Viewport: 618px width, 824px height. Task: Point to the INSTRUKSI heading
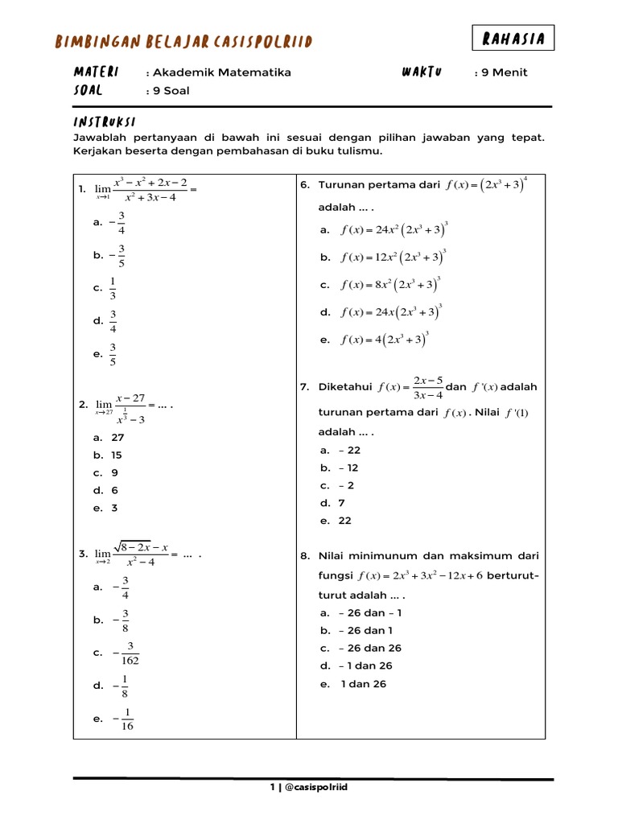tap(104, 122)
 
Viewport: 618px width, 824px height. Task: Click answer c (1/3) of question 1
tap(113, 287)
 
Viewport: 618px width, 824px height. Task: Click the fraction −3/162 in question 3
tap(127, 653)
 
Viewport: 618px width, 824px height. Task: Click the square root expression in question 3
tap(141, 548)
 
